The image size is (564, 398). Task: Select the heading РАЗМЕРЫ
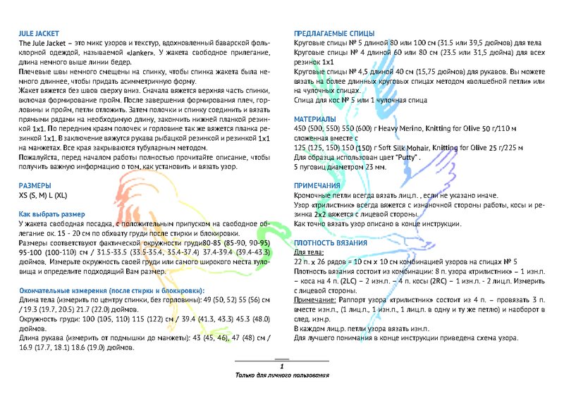tap(35, 185)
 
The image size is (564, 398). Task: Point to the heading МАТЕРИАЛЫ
tap(315, 119)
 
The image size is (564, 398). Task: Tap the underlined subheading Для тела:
tap(309, 252)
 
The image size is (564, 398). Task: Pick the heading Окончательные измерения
tap(111, 290)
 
